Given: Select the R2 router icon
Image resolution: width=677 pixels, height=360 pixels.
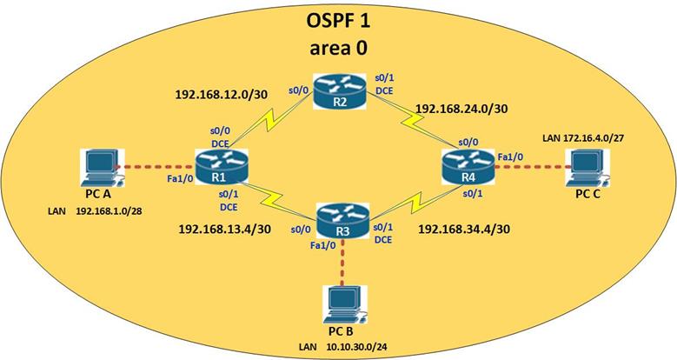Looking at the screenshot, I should point(340,89).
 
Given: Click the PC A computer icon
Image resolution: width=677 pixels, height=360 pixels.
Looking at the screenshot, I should point(100,165).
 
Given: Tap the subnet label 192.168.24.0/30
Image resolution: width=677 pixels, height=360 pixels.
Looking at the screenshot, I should point(462,110).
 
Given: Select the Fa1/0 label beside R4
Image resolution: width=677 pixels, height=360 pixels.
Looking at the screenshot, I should point(511,156).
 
